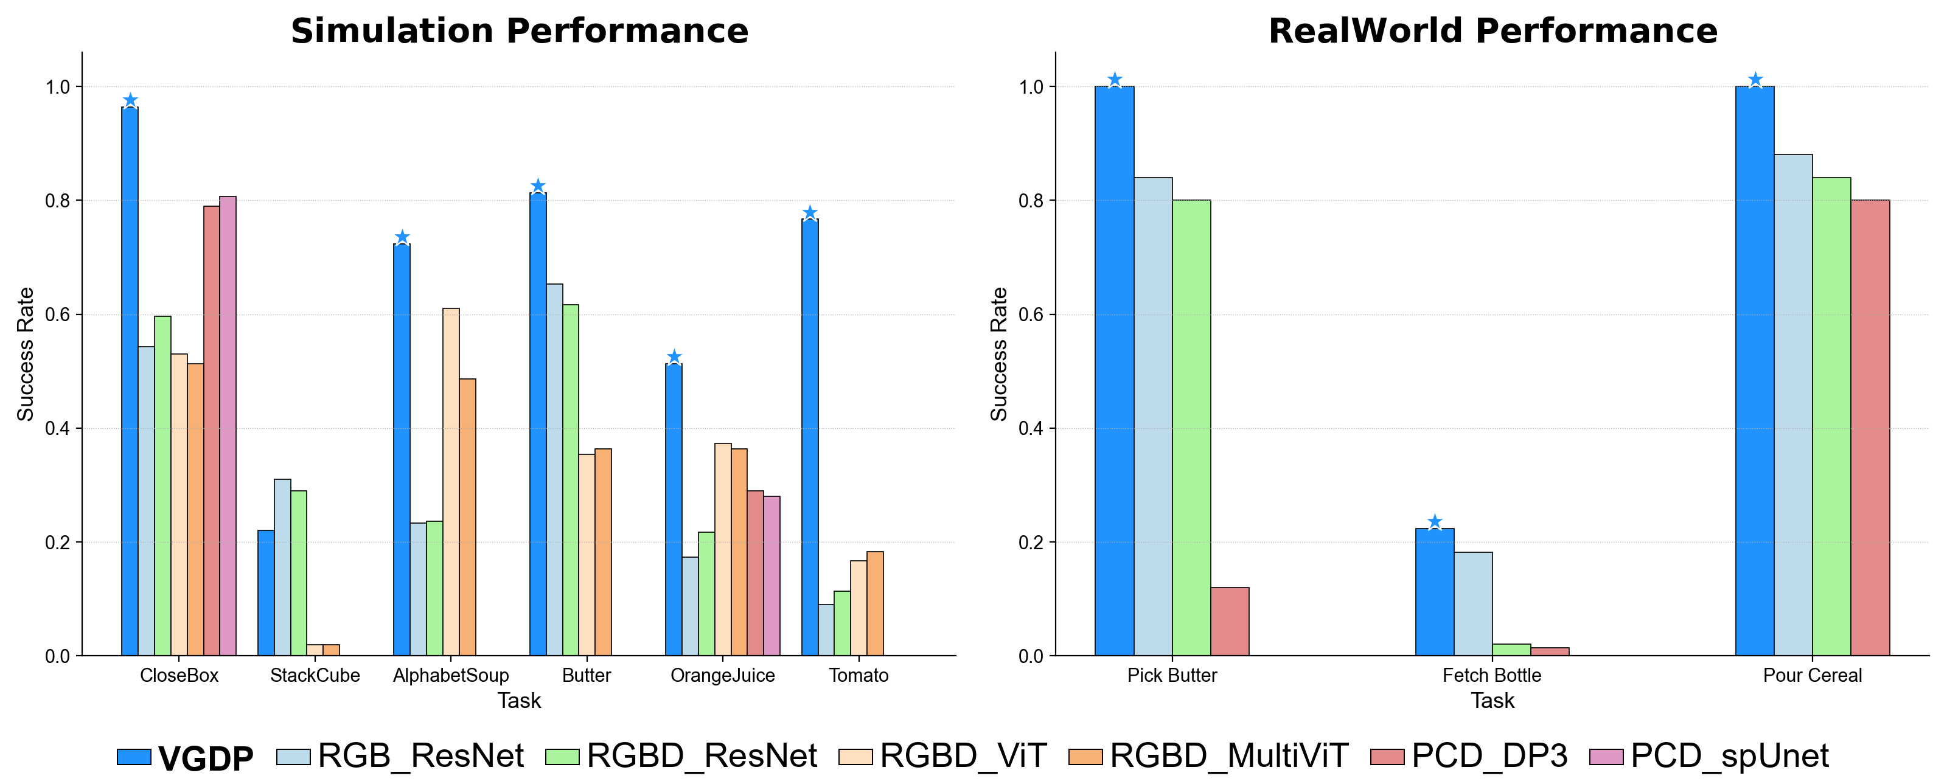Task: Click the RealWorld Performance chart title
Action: tap(1492, 32)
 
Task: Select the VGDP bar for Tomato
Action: tap(809, 438)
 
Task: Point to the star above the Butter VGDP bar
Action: tap(537, 186)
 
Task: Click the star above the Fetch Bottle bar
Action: tap(1435, 522)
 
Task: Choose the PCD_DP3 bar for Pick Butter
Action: tap(1230, 622)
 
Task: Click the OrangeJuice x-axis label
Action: tap(723, 675)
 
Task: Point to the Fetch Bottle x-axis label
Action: tap(1491, 675)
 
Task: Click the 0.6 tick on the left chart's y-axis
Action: tap(57, 315)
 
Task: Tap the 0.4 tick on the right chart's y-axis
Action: tap(1031, 429)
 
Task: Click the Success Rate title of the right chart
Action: tap(999, 353)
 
